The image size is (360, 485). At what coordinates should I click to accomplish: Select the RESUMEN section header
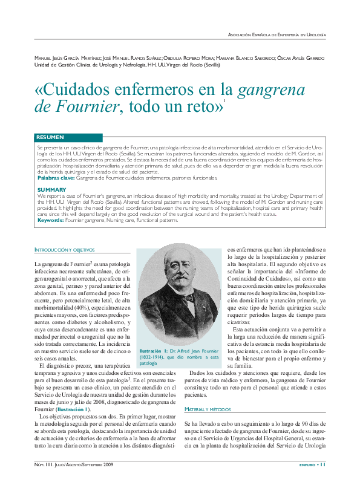click(50, 137)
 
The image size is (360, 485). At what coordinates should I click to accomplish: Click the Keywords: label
click(51, 220)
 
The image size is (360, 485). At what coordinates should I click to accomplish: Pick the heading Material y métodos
click(209, 409)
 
